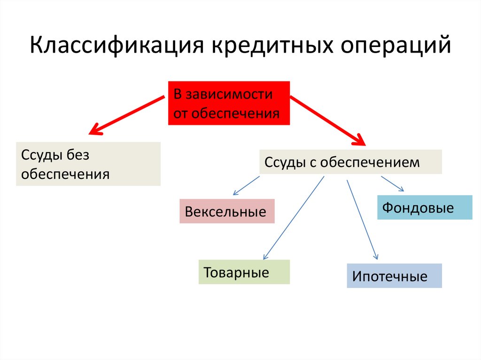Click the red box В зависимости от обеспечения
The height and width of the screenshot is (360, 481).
point(229,103)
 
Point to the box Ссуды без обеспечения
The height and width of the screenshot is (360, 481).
point(88,164)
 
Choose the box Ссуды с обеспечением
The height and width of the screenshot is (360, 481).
point(350,162)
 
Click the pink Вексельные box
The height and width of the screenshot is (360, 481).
point(226,211)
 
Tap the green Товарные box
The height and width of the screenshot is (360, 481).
point(244,272)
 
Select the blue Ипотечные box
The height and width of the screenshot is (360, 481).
point(394,276)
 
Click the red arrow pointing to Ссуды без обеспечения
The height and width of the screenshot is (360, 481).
point(127,115)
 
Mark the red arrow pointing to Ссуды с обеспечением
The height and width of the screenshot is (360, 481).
point(328,119)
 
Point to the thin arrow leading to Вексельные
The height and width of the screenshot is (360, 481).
point(246,185)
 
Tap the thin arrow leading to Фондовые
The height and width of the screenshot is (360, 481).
point(392,184)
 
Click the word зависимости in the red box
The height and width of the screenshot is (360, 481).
point(229,94)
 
